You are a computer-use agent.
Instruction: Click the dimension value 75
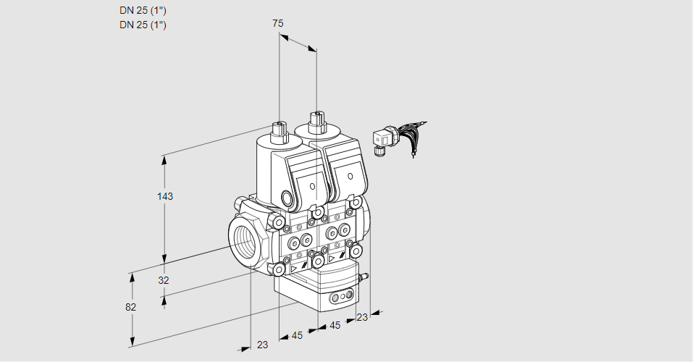pos(278,23)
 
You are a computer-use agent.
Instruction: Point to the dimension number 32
pos(163,280)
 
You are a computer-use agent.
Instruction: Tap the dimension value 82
pos(130,307)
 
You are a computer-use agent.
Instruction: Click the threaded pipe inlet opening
pos(243,240)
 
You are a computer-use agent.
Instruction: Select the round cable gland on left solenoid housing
pos(287,199)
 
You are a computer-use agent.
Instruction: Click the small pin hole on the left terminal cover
pos(313,187)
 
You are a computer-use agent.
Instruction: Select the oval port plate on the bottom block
pos(340,297)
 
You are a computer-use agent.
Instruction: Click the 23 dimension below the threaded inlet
pos(262,345)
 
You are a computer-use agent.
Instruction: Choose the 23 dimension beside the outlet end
pos(362,317)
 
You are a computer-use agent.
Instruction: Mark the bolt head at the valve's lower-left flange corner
pos(278,270)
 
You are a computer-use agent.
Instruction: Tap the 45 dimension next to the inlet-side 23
pos(297,335)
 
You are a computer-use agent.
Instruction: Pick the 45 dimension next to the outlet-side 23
pos(335,326)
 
